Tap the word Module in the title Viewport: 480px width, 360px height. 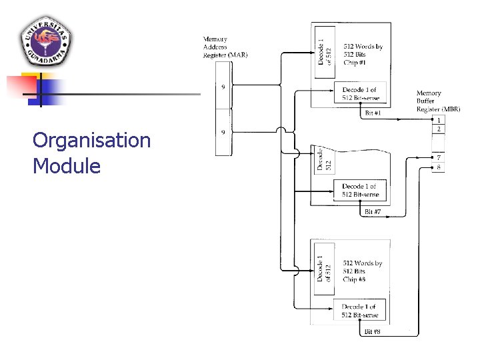(x=66, y=165)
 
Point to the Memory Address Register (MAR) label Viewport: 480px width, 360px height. (x=225, y=47)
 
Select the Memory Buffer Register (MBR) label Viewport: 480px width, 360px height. (x=438, y=101)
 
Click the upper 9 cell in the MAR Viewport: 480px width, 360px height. (x=223, y=86)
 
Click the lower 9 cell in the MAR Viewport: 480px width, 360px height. (x=223, y=133)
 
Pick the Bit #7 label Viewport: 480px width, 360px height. (x=373, y=212)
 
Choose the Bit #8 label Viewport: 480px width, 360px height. (x=373, y=331)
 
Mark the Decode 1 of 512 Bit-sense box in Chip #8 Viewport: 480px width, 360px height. (x=361, y=311)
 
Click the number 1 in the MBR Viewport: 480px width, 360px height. (x=438, y=120)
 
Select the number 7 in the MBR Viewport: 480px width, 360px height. (x=438, y=158)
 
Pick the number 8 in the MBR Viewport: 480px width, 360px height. (x=438, y=167)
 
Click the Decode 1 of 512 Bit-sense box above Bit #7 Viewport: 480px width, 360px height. (x=361, y=191)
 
